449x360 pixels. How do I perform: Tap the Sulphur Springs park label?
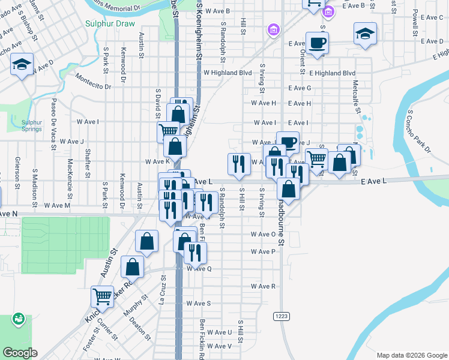click(x=32, y=125)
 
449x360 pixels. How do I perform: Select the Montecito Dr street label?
click(x=94, y=82)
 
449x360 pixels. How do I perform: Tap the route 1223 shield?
click(x=282, y=316)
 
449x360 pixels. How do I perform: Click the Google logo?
click(x=20, y=353)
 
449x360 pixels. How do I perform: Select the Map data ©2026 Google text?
click(x=411, y=355)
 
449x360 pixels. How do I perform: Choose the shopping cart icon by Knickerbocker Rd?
click(x=102, y=296)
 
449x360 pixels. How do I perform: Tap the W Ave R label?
click(x=264, y=286)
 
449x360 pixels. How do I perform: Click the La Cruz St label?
click(x=163, y=287)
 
